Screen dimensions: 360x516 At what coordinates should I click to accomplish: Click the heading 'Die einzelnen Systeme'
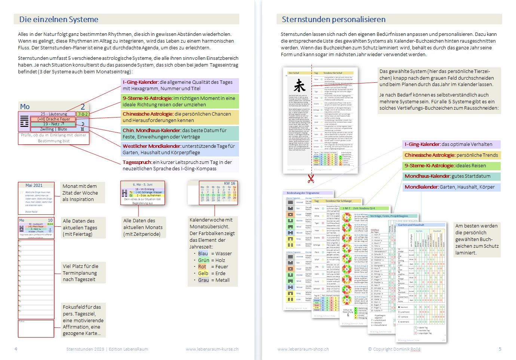59,19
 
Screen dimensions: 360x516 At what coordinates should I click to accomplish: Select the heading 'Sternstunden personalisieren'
334,19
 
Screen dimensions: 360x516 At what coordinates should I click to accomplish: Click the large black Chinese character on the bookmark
300,86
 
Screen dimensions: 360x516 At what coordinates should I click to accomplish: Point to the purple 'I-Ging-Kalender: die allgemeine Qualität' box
180,85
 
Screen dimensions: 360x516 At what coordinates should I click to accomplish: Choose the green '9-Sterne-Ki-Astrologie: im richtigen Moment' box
180,101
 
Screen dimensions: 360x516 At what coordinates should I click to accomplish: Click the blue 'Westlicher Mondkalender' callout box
180,149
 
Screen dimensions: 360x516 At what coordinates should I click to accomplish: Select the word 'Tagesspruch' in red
137,162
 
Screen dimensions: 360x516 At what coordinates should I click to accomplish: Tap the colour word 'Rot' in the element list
202,267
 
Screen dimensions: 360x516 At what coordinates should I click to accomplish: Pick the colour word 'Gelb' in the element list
203,274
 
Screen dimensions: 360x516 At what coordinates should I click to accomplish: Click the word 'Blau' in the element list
203,253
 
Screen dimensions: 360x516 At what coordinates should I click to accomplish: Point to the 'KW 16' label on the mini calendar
229,183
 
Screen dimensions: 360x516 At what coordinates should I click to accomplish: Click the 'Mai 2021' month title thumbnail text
34,185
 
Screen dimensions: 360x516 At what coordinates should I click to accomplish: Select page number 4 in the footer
16,349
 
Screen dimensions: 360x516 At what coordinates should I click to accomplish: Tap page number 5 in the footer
500,349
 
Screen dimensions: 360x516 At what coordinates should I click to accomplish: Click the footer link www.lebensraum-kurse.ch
212,349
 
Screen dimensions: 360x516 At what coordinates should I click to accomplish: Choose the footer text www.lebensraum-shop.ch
303,349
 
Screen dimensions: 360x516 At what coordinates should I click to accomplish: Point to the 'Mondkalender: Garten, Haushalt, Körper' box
452,187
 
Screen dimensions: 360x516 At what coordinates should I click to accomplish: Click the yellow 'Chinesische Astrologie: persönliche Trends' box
452,155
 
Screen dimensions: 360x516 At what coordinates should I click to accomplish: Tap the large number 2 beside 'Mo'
83,107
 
